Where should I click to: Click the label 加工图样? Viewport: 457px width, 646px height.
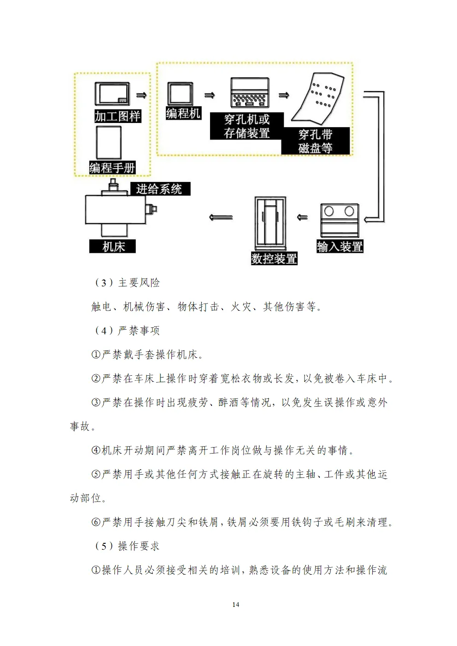pos(117,116)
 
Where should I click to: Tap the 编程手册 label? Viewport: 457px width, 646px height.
pos(112,168)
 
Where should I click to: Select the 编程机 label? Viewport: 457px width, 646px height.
pos(183,113)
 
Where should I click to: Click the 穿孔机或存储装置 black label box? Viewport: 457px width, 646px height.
pos(247,126)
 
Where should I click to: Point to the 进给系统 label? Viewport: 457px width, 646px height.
pos(159,189)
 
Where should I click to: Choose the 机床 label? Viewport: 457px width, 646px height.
pos(113,246)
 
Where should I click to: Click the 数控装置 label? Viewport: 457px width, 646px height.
pos(274,258)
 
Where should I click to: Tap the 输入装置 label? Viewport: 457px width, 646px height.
pos(340,247)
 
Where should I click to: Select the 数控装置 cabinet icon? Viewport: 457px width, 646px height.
pos(270,223)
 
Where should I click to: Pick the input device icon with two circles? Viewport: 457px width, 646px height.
pos(340,220)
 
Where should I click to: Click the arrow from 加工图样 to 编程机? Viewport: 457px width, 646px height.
pos(141,95)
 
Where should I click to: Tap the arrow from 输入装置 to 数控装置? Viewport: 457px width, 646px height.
pos(302,217)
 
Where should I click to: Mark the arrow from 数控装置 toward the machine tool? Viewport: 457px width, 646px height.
pos(221,217)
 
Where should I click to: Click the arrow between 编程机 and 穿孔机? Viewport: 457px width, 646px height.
pos(210,95)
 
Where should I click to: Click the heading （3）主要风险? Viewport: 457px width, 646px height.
pos(127,283)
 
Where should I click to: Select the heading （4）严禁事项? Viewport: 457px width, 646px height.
pos(127,331)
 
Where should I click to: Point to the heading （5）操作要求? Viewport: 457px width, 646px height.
pos(127,546)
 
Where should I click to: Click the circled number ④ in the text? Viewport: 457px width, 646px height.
pos(96,450)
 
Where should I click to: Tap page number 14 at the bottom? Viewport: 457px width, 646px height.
pos(236,605)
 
